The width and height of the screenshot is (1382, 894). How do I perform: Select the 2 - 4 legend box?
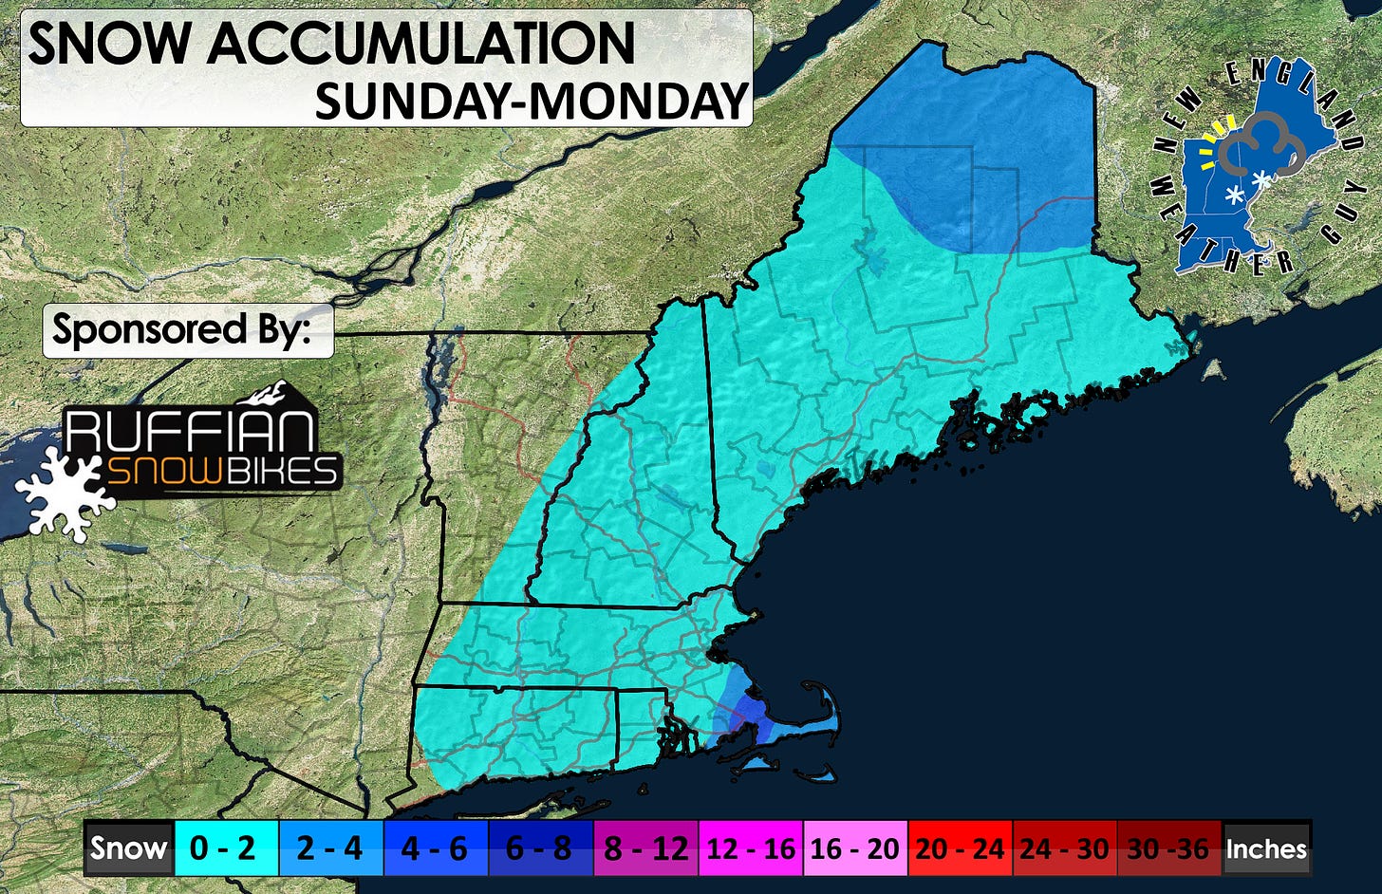(331, 847)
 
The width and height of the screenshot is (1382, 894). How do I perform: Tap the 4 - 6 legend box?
(436, 847)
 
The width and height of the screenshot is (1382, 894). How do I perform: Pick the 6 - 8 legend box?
(540, 847)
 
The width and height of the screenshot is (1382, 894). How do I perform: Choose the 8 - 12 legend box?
(645, 847)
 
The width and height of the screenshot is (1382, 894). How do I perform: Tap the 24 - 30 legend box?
(1064, 847)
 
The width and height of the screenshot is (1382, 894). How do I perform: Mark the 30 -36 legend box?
(1168, 847)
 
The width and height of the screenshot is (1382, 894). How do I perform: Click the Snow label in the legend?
(128, 847)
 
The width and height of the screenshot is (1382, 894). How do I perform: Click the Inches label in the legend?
(1266, 847)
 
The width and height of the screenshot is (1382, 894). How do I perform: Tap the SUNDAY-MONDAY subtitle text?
(531, 100)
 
